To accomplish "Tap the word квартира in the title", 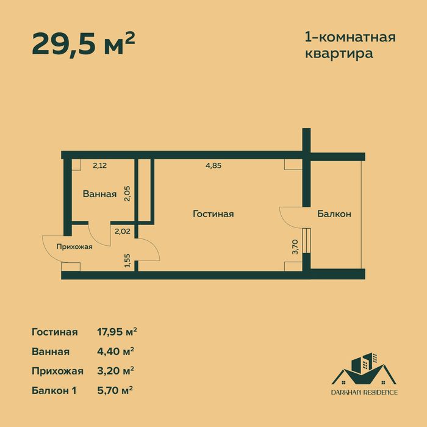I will pos(339,53).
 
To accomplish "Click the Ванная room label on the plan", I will pos(99,195).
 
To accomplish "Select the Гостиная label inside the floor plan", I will pos(213,214).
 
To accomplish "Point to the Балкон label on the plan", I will pos(334,214).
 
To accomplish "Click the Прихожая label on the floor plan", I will pos(74,246).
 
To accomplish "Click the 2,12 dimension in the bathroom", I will pos(99,164).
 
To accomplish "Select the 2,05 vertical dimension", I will pos(127,193).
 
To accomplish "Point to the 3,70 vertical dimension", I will pos(295,246).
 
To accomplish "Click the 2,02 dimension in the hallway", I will pos(123,231).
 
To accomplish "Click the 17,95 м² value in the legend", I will pos(117,332).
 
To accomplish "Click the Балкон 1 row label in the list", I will pos(53,389).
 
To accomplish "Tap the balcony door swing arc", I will pos(292,217).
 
